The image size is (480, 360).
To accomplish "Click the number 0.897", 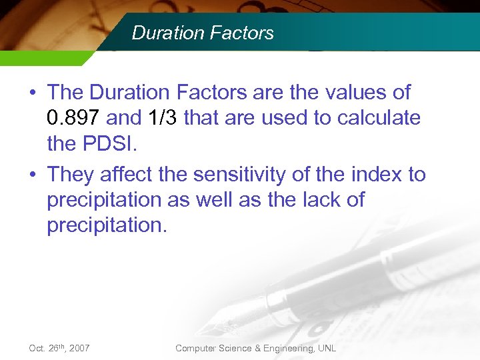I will tap(74, 118).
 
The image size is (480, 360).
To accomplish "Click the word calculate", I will tap(379, 118).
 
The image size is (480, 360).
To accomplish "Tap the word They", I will tap(71, 175).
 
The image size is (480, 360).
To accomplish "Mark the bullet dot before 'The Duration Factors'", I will tap(33, 93).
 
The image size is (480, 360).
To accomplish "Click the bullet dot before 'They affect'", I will tap(33, 175).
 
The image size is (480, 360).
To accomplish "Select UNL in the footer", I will tap(327, 348).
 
